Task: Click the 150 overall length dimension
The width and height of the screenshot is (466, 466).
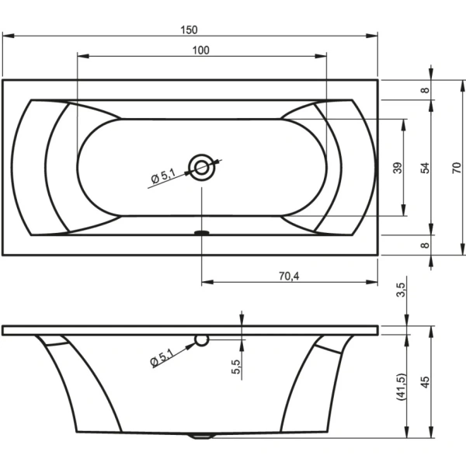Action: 189,30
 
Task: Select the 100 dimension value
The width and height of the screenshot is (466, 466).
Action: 201,50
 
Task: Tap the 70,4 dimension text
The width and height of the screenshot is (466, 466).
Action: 289,276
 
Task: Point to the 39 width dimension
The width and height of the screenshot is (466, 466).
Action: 398,168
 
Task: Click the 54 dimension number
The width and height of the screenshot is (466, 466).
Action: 426,168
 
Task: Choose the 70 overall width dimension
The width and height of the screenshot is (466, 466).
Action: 457,168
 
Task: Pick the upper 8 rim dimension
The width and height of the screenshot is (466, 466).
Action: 426,90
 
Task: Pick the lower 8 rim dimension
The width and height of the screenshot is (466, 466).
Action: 426,245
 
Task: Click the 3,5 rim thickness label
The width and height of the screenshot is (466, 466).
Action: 401,290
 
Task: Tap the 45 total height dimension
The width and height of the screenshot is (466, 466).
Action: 426,382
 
